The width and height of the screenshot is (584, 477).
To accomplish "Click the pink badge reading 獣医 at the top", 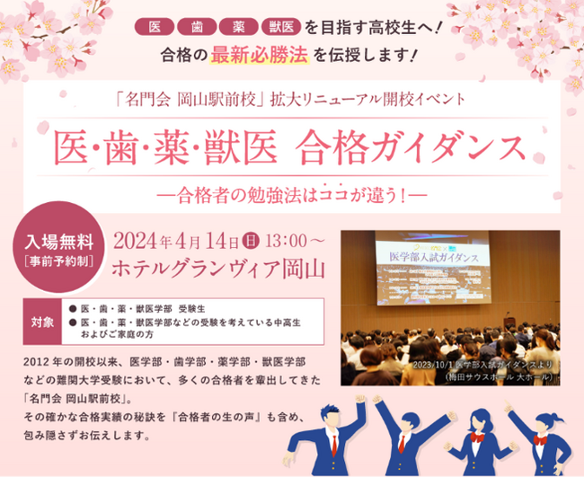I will coord(282,25).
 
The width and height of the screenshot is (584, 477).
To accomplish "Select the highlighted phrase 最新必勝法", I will coord(259,56).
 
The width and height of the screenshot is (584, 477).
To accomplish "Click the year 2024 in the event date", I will coord(137,240).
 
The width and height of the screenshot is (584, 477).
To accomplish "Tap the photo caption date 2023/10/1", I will coord(432,367).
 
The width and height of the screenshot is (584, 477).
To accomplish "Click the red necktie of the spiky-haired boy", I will coord(334,446).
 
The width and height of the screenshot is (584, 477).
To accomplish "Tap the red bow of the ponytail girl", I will coord(539,440).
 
